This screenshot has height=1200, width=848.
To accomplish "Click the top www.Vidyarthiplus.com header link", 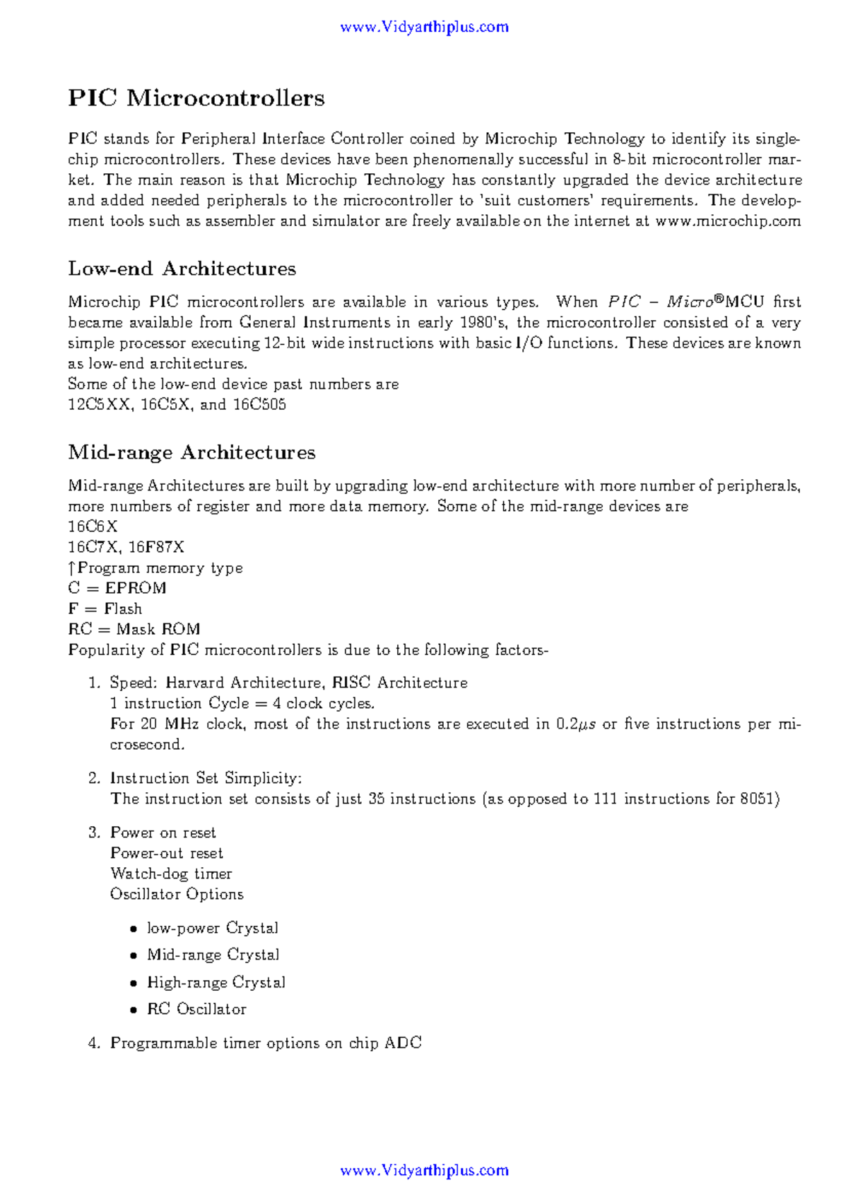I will click(x=424, y=28).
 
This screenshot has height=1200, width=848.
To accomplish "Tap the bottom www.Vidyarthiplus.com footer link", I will click(x=424, y=1170).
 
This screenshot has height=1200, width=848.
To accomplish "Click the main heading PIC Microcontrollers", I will click(x=196, y=98).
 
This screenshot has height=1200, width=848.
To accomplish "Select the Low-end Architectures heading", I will click(x=182, y=269).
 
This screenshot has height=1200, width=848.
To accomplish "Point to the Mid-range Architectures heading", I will click(x=192, y=452).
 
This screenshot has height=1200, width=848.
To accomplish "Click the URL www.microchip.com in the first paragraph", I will click(x=728, y=221).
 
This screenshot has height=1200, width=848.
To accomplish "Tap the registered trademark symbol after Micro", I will click(x=719, y=300).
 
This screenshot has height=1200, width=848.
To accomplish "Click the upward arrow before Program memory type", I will click(x=71, y=568).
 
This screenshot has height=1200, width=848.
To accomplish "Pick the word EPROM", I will click(x=136, y=589).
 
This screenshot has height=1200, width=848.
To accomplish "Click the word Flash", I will click(x=123, y=609).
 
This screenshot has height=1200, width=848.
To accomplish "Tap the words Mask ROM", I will click(x=158, y=630).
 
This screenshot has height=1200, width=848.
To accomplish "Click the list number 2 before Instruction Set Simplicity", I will click(x=94, y=779).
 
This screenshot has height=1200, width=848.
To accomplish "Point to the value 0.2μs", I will click(x=576, y=724).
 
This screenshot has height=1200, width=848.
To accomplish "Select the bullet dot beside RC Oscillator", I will click(x=134, y=1011).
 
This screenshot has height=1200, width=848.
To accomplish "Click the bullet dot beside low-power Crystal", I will click(x=134, y=929).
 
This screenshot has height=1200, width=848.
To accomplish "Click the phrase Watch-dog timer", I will click(x=171, y=874).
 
